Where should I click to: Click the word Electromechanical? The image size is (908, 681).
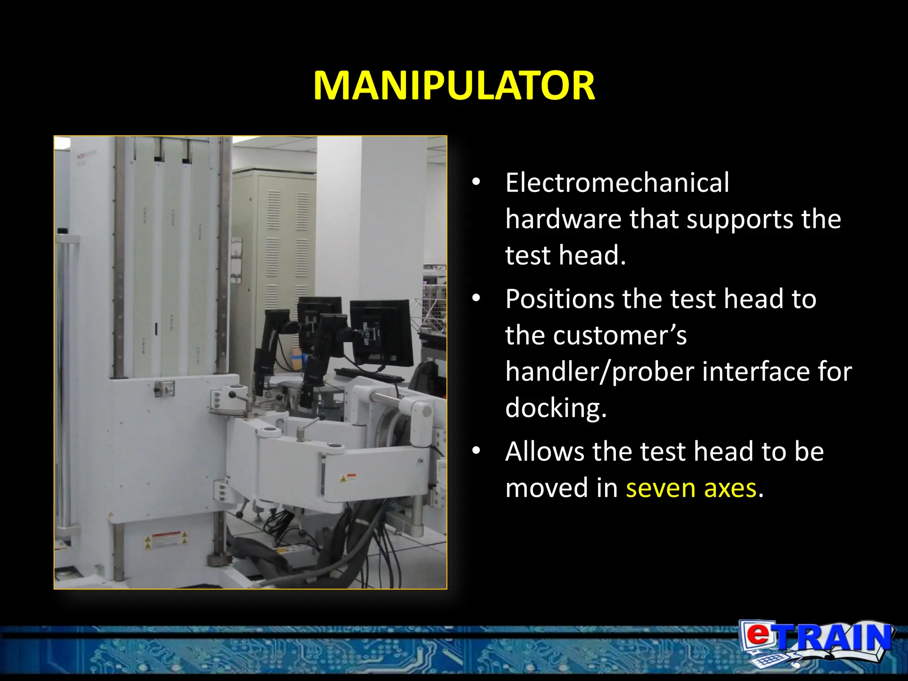[617, 183]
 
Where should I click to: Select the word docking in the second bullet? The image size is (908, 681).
[556, 408]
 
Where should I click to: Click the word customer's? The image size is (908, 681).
[596, 335]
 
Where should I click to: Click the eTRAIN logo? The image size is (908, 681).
[816, 643]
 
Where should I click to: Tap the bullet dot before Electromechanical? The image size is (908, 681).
[476, 182]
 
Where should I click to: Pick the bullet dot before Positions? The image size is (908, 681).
[476, 298]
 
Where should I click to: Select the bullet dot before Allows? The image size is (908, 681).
[476, 451]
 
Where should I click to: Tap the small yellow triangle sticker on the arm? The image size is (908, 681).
[343, 479]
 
